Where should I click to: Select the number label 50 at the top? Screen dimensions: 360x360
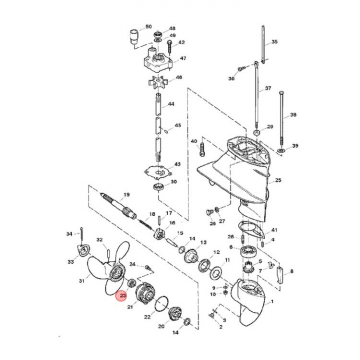(148, 26)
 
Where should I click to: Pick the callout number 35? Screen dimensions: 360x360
(274, 42)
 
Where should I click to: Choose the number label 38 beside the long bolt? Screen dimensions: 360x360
(293, 114)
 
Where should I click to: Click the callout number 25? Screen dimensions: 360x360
(278, 180)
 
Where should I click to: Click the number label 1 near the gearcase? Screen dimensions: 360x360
(272, 302)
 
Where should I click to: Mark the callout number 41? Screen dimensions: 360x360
(274, 230)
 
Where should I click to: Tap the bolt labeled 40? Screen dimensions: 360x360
(202, 147)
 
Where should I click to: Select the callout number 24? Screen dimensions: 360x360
(132, 264)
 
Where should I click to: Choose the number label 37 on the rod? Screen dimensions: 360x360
(268, 88)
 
